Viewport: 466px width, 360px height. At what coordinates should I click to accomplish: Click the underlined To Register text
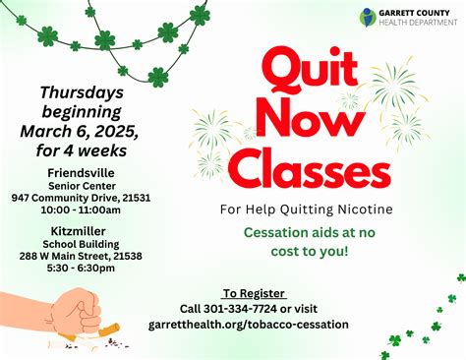[x=254, y=293]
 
